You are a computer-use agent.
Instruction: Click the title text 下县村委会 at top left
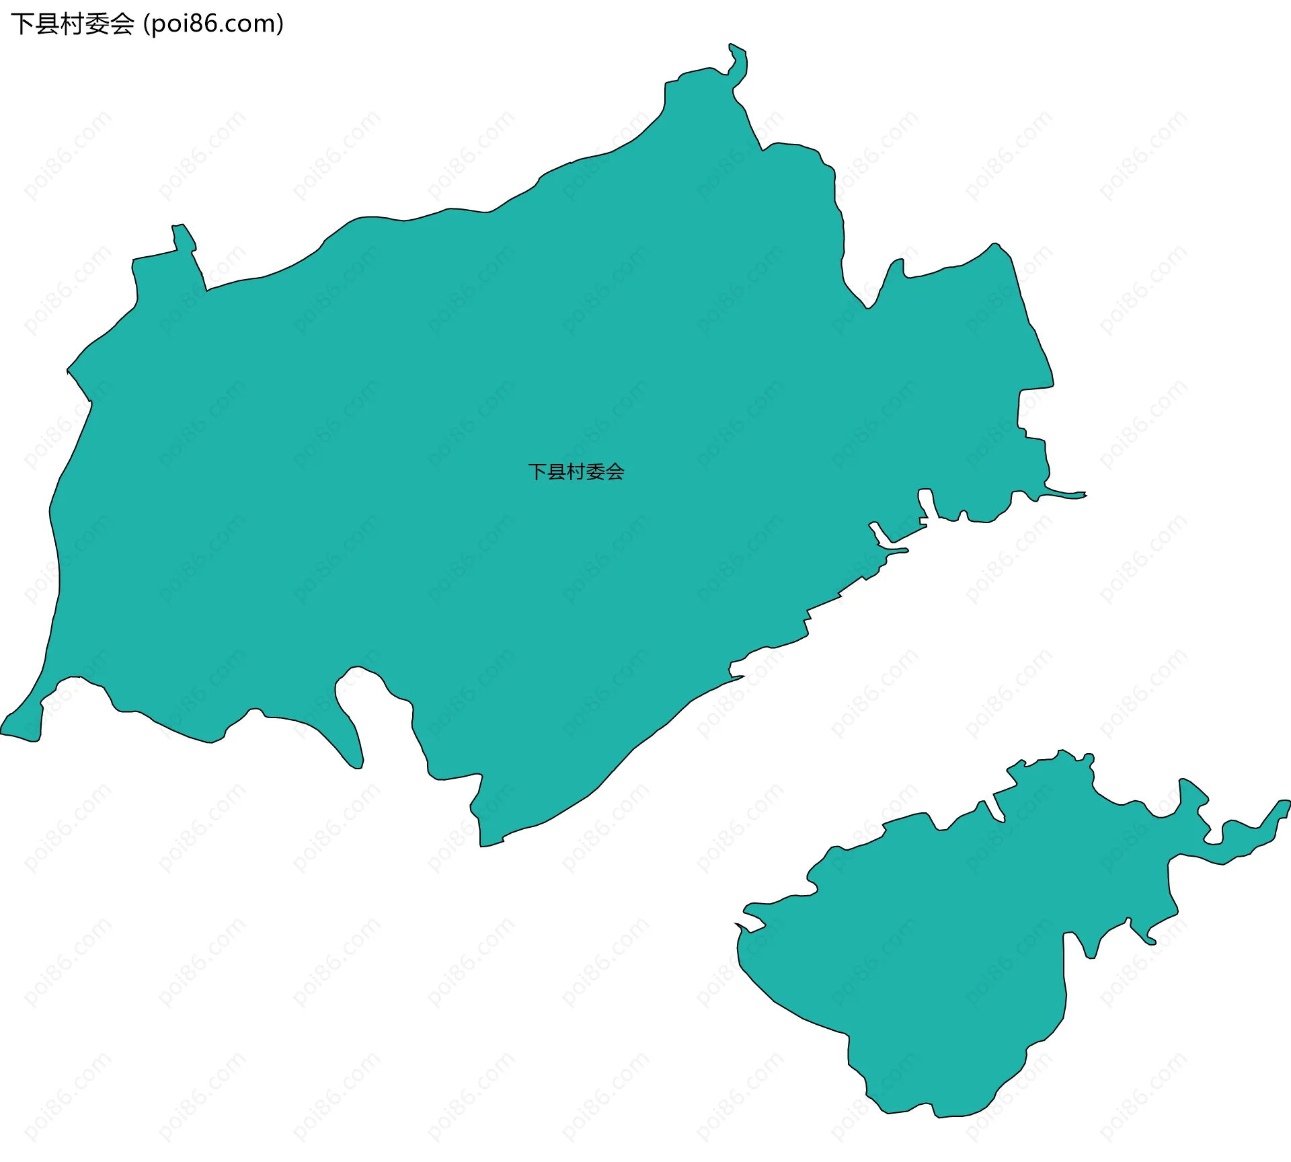[x=73, y=24]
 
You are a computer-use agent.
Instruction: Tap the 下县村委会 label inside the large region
[x=576, y=471]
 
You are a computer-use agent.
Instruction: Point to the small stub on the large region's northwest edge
[x=184, y=239]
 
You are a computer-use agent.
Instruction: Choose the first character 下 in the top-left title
[x=21, y=24]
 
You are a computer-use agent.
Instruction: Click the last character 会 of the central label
[x=615, y=471]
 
